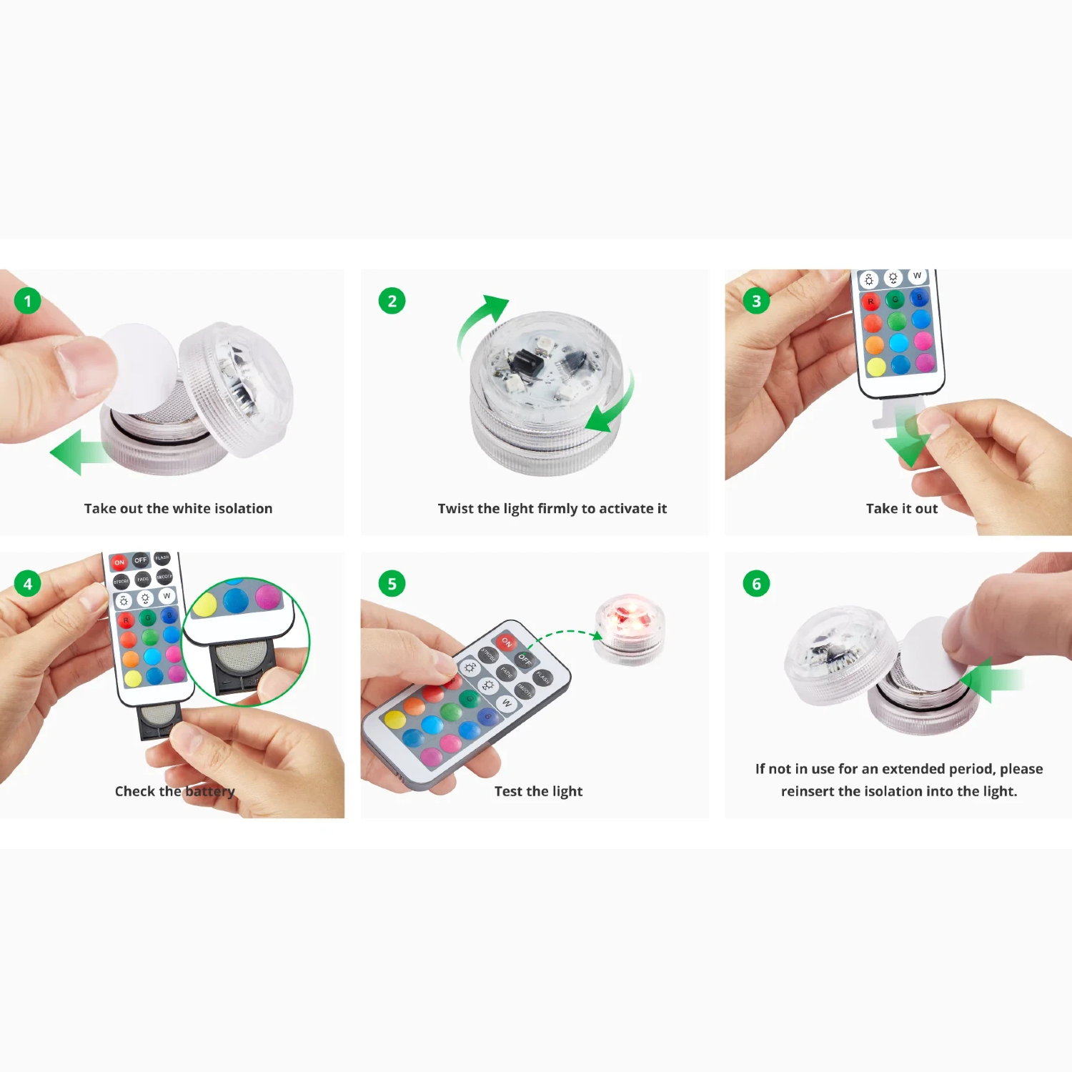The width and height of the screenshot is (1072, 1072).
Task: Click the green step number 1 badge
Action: (28, 301)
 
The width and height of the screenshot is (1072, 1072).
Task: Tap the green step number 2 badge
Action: (392, 301)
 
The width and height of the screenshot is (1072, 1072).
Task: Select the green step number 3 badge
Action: (756, 301)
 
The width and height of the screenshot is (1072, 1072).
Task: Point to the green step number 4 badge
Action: (28, 584)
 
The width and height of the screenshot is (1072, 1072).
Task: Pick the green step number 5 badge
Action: (392, 584)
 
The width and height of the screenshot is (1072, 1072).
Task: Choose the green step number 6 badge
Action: (756, 584)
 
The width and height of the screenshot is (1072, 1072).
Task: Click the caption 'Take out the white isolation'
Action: (178, 509)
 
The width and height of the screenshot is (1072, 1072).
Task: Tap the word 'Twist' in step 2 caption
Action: (455, 509)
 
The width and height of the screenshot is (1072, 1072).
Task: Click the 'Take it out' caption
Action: (901, 509)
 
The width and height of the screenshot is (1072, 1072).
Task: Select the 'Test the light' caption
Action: (538, 791)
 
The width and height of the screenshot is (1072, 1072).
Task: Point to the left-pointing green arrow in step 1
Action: (75, 452)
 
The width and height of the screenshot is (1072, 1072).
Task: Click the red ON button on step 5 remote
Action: (507, 642)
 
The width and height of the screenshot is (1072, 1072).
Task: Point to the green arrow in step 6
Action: (990, 680)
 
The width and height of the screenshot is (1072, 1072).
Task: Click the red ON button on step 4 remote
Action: (119, 562)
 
